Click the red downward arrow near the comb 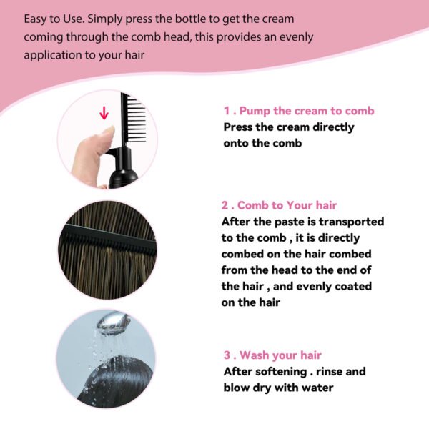pos(104,112)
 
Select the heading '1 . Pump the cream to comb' pos(299,111)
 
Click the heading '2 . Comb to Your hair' pos(289,205)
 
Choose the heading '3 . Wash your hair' pos(272,355)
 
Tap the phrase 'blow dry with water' pos(278,388)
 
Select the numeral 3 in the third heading pos(227,355)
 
